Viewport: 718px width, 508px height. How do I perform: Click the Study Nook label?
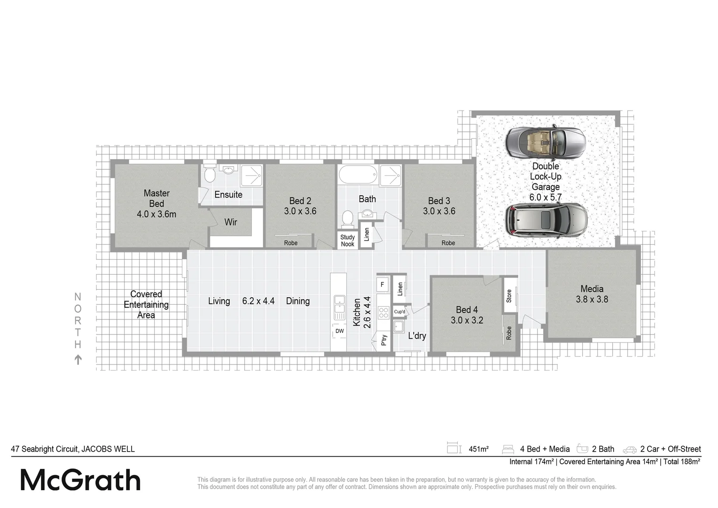point(348,240)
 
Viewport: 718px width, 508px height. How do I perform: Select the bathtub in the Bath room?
point(358,175)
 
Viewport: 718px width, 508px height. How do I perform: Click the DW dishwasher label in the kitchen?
point(339,331)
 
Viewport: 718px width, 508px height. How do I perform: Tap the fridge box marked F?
point(382,284)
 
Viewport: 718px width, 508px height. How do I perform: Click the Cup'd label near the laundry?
point(399,312)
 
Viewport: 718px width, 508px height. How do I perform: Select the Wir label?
point(231,222)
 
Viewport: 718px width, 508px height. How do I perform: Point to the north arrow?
point(78,360)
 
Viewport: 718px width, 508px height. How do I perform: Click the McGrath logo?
point(80,480)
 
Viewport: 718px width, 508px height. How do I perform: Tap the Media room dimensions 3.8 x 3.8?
point(592,299)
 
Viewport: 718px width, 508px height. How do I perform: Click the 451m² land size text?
point(478,449)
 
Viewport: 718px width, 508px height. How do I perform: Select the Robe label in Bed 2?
point(291,243)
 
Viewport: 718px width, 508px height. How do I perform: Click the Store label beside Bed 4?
point(509,296)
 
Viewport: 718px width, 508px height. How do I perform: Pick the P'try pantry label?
point(384,340)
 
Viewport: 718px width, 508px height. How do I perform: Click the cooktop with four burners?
point(383,313)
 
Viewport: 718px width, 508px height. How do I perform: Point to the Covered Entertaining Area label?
point(146,304)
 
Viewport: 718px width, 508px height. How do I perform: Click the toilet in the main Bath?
point(347,219)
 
